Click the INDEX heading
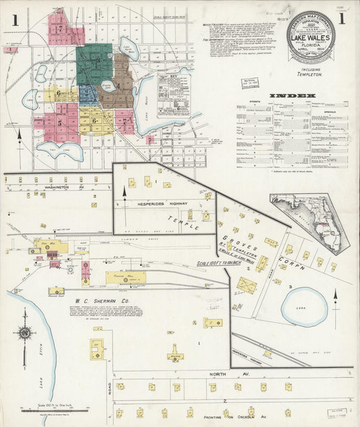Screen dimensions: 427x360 [x=292, y=96]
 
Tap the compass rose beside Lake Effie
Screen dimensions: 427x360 [x=25, y=332]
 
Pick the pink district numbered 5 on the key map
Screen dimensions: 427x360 [x=60, y=123]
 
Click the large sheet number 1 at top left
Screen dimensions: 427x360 [x=14, y=20]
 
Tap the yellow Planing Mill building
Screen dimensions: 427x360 [x=126, y=278]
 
